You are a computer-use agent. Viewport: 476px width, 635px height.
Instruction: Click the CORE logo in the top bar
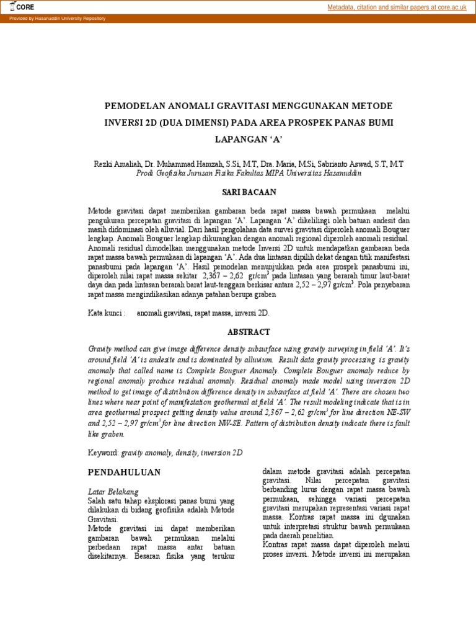(x=22, y=7)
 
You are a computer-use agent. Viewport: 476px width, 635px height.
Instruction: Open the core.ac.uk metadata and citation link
(x=397, y=7)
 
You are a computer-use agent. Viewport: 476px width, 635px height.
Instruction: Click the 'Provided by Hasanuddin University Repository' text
(x=57, y=19)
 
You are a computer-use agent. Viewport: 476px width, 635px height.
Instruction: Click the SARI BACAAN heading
(x=249, y=193)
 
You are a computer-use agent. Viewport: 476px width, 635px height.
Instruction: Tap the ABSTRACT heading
(x=249, y=332)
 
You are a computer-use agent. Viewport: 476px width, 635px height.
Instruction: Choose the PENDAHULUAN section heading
(x=124, y=472)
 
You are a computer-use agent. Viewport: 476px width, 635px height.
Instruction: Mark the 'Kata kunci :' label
(x=107, y=314)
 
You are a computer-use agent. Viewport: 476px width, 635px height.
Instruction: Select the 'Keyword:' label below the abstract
(x=104, y=453)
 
